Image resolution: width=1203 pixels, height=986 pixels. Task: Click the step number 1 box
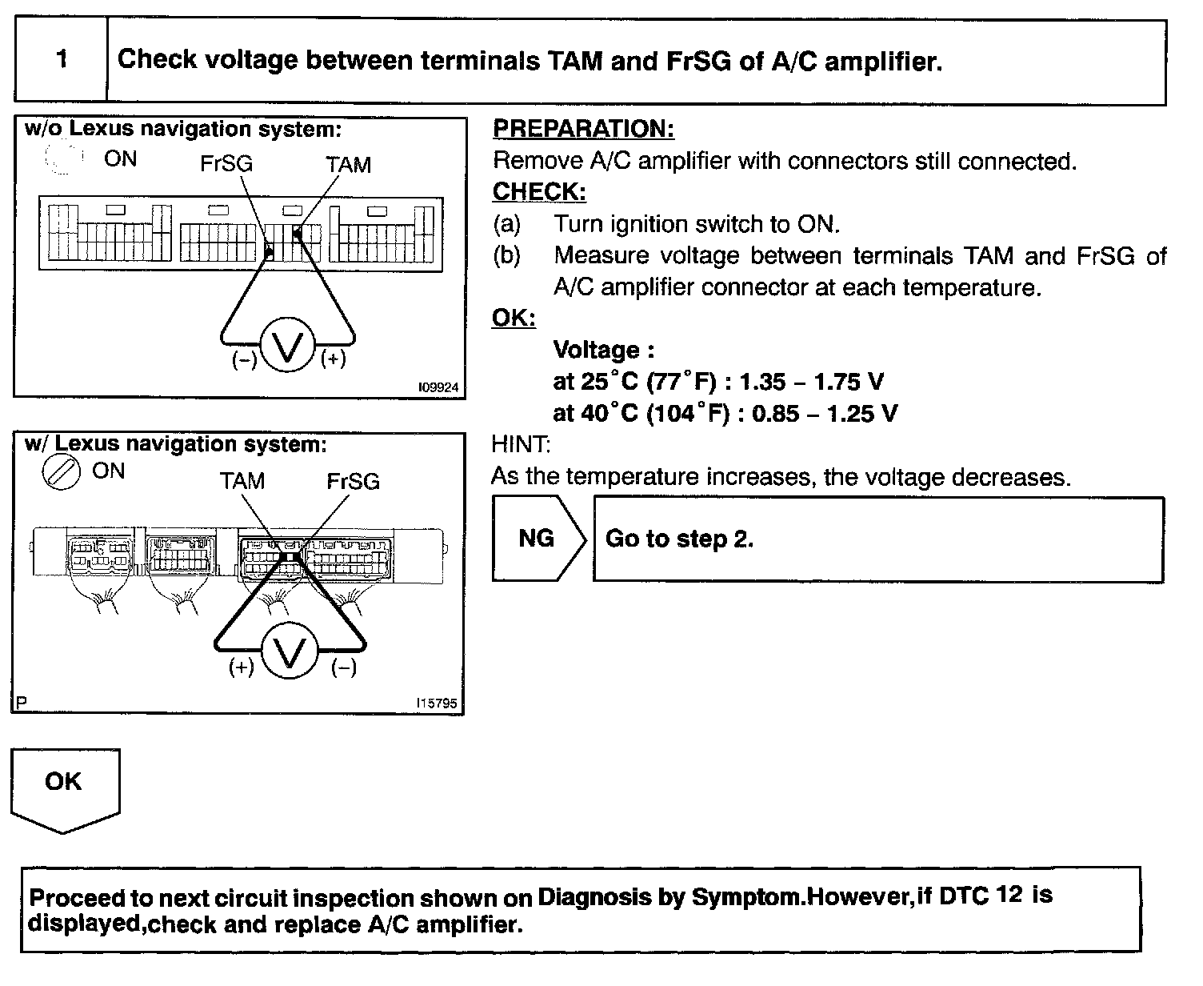click(x=62, y=60)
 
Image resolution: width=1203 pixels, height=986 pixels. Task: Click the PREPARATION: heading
click(x=583, y=129)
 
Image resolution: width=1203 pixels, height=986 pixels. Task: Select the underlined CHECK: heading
click(x=538, y=192)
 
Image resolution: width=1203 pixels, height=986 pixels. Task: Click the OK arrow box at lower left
click(x=64, y=784)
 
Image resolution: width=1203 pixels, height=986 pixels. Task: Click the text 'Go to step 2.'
click(x=679, y=539)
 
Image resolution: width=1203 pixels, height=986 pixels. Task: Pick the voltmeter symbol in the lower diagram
click(x=290, y=653)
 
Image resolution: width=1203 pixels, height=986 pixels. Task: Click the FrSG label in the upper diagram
click(x=226, y=164)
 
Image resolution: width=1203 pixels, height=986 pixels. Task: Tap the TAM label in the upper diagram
click(x=348, y=165)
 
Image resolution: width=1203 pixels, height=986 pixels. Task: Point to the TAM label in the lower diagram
click(x=242, y=481)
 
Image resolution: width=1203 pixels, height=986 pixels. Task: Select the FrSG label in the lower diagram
click(x=353, y=481)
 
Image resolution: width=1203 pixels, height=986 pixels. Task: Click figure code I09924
click(x=438, y=387)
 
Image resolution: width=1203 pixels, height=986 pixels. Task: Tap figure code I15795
click(x=437, y=703)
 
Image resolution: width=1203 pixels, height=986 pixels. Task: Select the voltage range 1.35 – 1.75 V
click(x=812, y=382)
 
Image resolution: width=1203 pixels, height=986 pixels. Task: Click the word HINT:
click(x=521, y=444)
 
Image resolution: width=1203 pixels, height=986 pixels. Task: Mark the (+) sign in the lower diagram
click(x=241, y=667)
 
